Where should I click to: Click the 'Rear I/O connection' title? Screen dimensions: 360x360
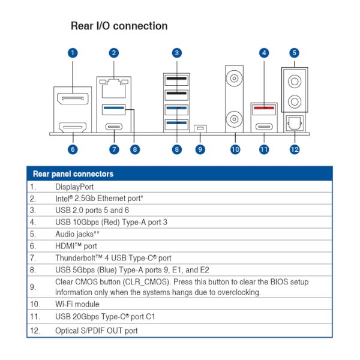[x=119, y=26]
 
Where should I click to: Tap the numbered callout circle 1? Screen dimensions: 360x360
[x=73, y=53]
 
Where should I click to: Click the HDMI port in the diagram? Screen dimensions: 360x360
[x=73, y=127]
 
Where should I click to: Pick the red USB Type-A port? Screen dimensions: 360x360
[x=264, y=109]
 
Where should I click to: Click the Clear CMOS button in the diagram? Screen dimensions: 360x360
[x=200, y=128]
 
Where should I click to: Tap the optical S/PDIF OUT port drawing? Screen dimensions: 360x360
[x=294, y=122]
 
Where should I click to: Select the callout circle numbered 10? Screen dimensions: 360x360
[x=234, y=149]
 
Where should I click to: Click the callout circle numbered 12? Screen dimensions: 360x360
[x=294, y=149]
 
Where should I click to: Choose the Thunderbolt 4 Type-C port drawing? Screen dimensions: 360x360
[x=114, y=127]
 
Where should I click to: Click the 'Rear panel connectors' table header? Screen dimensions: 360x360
[x=73, y=174]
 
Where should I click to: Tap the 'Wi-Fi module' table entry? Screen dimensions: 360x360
[x=77, y=304]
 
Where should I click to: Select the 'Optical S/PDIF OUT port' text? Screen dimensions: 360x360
[x=97, y=331]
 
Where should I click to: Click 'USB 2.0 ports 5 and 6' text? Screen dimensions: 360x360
[x=92, y=210]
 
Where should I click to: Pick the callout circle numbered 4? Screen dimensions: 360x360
[x=264, y=53]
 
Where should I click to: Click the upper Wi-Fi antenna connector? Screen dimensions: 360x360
[x=234, y=78]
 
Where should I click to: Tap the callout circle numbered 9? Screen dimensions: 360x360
[x=200, y=149]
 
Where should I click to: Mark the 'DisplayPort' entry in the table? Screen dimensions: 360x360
[x=74, y=187]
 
